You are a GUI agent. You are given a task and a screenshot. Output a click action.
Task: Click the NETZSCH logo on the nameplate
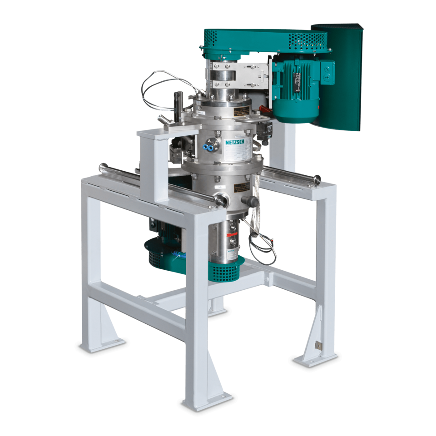click(x=234, y=142)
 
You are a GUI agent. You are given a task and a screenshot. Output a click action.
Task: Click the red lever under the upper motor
click(x=265, y=109)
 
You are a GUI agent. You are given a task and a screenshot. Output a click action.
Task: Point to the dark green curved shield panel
click(x=347, y=77)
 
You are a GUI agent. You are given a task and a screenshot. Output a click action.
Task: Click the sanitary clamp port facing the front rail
click(x=220, y=198)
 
